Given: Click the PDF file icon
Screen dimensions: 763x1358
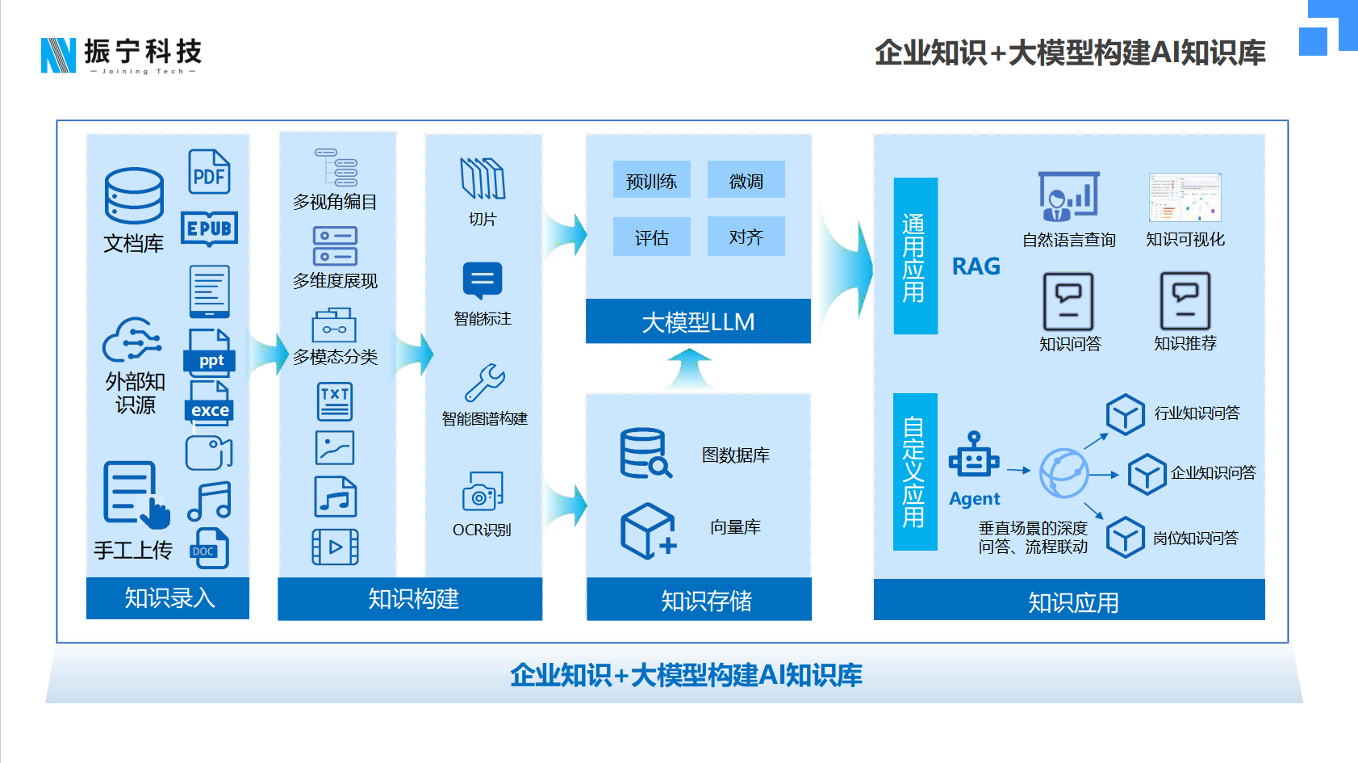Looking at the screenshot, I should click(x=209, y=172).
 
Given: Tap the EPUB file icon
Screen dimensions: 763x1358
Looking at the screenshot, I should click(x=209, y=228).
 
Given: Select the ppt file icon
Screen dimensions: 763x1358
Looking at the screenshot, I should click(x=211, y=354).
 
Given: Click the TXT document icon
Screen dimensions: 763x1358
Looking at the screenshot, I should click(x=335, y=401).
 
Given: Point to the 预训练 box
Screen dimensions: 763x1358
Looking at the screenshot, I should click(x=651, y=181).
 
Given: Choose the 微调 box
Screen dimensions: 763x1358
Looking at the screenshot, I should click(x=746, y=180).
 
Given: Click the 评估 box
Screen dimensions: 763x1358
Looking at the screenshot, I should click(x=651, y=237).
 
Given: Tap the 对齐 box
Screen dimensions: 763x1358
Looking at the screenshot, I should click(x=746, y=237).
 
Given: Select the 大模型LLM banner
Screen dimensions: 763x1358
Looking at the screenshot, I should click(x=698, y=321).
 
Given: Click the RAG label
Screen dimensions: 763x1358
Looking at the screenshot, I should click(x=976, y=266).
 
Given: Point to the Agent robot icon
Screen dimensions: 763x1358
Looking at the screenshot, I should click(x=974, y=455).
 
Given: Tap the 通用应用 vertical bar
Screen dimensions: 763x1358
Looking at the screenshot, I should click(x=915, y=256).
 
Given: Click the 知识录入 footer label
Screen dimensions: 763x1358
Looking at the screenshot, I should click(x=168, y=598).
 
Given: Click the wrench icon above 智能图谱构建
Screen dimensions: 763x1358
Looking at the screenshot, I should click(x=484, y=383).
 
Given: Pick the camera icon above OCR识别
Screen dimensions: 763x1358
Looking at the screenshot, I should click(x=483, y=492).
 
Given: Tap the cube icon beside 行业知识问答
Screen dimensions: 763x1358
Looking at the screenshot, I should click(x=1125, y=414).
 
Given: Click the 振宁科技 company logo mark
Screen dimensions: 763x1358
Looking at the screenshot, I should click(x=58, y=55).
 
